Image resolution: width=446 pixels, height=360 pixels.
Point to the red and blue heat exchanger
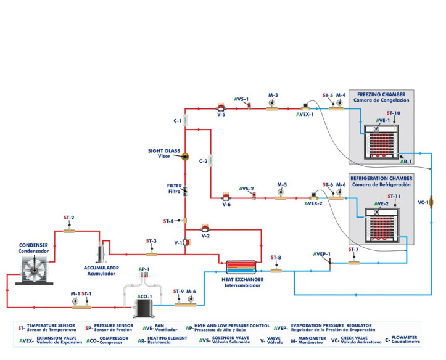(241, 266)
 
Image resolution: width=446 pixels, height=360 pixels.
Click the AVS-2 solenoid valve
(253, 197)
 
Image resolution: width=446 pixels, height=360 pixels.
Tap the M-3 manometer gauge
(272, 105)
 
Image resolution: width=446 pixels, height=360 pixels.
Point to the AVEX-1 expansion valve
(304, 105)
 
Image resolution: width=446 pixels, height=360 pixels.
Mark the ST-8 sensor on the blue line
(276, 269)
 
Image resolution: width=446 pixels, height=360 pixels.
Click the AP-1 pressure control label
(144, 269)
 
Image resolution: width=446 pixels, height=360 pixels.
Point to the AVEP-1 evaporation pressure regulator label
(321, 253)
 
